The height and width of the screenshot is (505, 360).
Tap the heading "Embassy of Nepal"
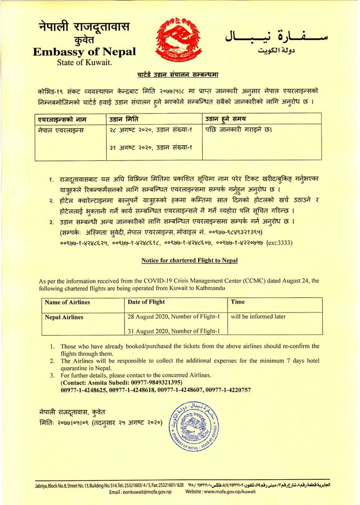pos(84,52)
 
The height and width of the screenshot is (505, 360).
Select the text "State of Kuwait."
pos(84,63)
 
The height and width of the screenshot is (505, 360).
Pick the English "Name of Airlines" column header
pos(67,302)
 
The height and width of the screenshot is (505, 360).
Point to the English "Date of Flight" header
pos(146,302)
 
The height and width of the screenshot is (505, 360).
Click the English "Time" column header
pos(238,302)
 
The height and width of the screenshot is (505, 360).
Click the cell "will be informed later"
pos(258,317)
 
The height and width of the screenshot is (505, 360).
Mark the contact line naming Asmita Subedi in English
pos(121,382)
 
